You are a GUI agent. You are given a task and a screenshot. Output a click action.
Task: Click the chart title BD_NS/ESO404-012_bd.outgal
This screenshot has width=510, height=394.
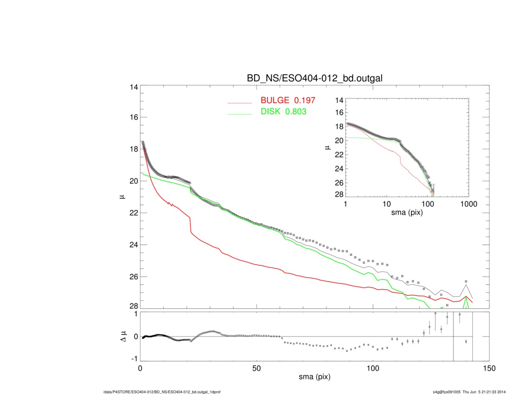point(315,78)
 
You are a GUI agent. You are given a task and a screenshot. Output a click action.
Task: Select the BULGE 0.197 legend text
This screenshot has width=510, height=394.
point(288,102)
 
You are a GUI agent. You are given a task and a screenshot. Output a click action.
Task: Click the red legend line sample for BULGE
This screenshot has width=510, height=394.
point(239,102)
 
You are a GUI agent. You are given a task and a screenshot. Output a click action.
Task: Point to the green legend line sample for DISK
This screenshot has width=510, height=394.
point(239,113)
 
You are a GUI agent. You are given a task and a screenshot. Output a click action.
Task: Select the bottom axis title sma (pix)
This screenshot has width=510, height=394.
point(314,378)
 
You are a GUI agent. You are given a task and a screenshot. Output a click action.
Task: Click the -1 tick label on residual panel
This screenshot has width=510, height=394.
point(134,359)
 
